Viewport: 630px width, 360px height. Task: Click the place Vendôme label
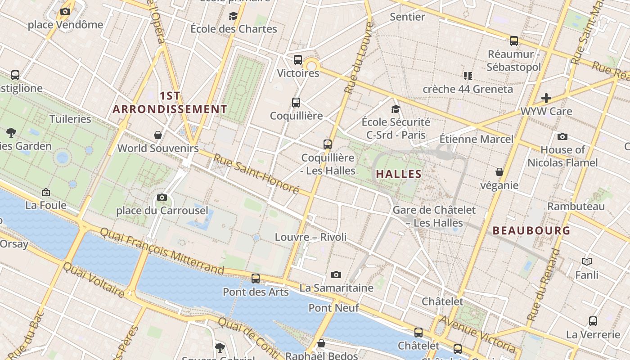click(x=66, y=25)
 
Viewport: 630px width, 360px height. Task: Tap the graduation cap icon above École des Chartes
click(x=233, y=16)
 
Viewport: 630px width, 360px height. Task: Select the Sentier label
click(x=407, y=17)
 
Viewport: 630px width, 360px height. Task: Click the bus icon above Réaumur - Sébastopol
click(x=514, y=41)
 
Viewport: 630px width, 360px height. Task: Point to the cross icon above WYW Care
click(x=546, y=98)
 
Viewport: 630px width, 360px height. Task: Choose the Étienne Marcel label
click(x=476, y=139)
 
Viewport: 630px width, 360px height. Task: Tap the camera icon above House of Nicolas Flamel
click(x=562, y=136)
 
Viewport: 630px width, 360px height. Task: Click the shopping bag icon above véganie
click(x=499, y=172)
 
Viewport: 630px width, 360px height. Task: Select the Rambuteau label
click(x=576, y=207)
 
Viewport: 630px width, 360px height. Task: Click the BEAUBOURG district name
click(x=531, y=231)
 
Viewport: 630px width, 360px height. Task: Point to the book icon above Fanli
click(x=587, y=261)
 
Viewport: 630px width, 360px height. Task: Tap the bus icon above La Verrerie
click(x=593, y=321)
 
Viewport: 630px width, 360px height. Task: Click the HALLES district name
click(x=399, y=174)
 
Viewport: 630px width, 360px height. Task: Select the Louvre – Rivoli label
click(x=310, y=237)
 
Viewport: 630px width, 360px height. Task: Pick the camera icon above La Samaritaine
click(x=336, y=274)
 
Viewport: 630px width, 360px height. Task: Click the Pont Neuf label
click(x=333, y=308)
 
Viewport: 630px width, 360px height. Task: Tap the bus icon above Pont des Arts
click(x=256, y=279)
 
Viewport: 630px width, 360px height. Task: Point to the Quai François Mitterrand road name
click(x=162, y=251)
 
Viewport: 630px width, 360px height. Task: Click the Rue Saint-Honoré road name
click(x=256, y=174)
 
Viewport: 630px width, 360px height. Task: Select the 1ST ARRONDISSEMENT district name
click(x=170, y=103)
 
